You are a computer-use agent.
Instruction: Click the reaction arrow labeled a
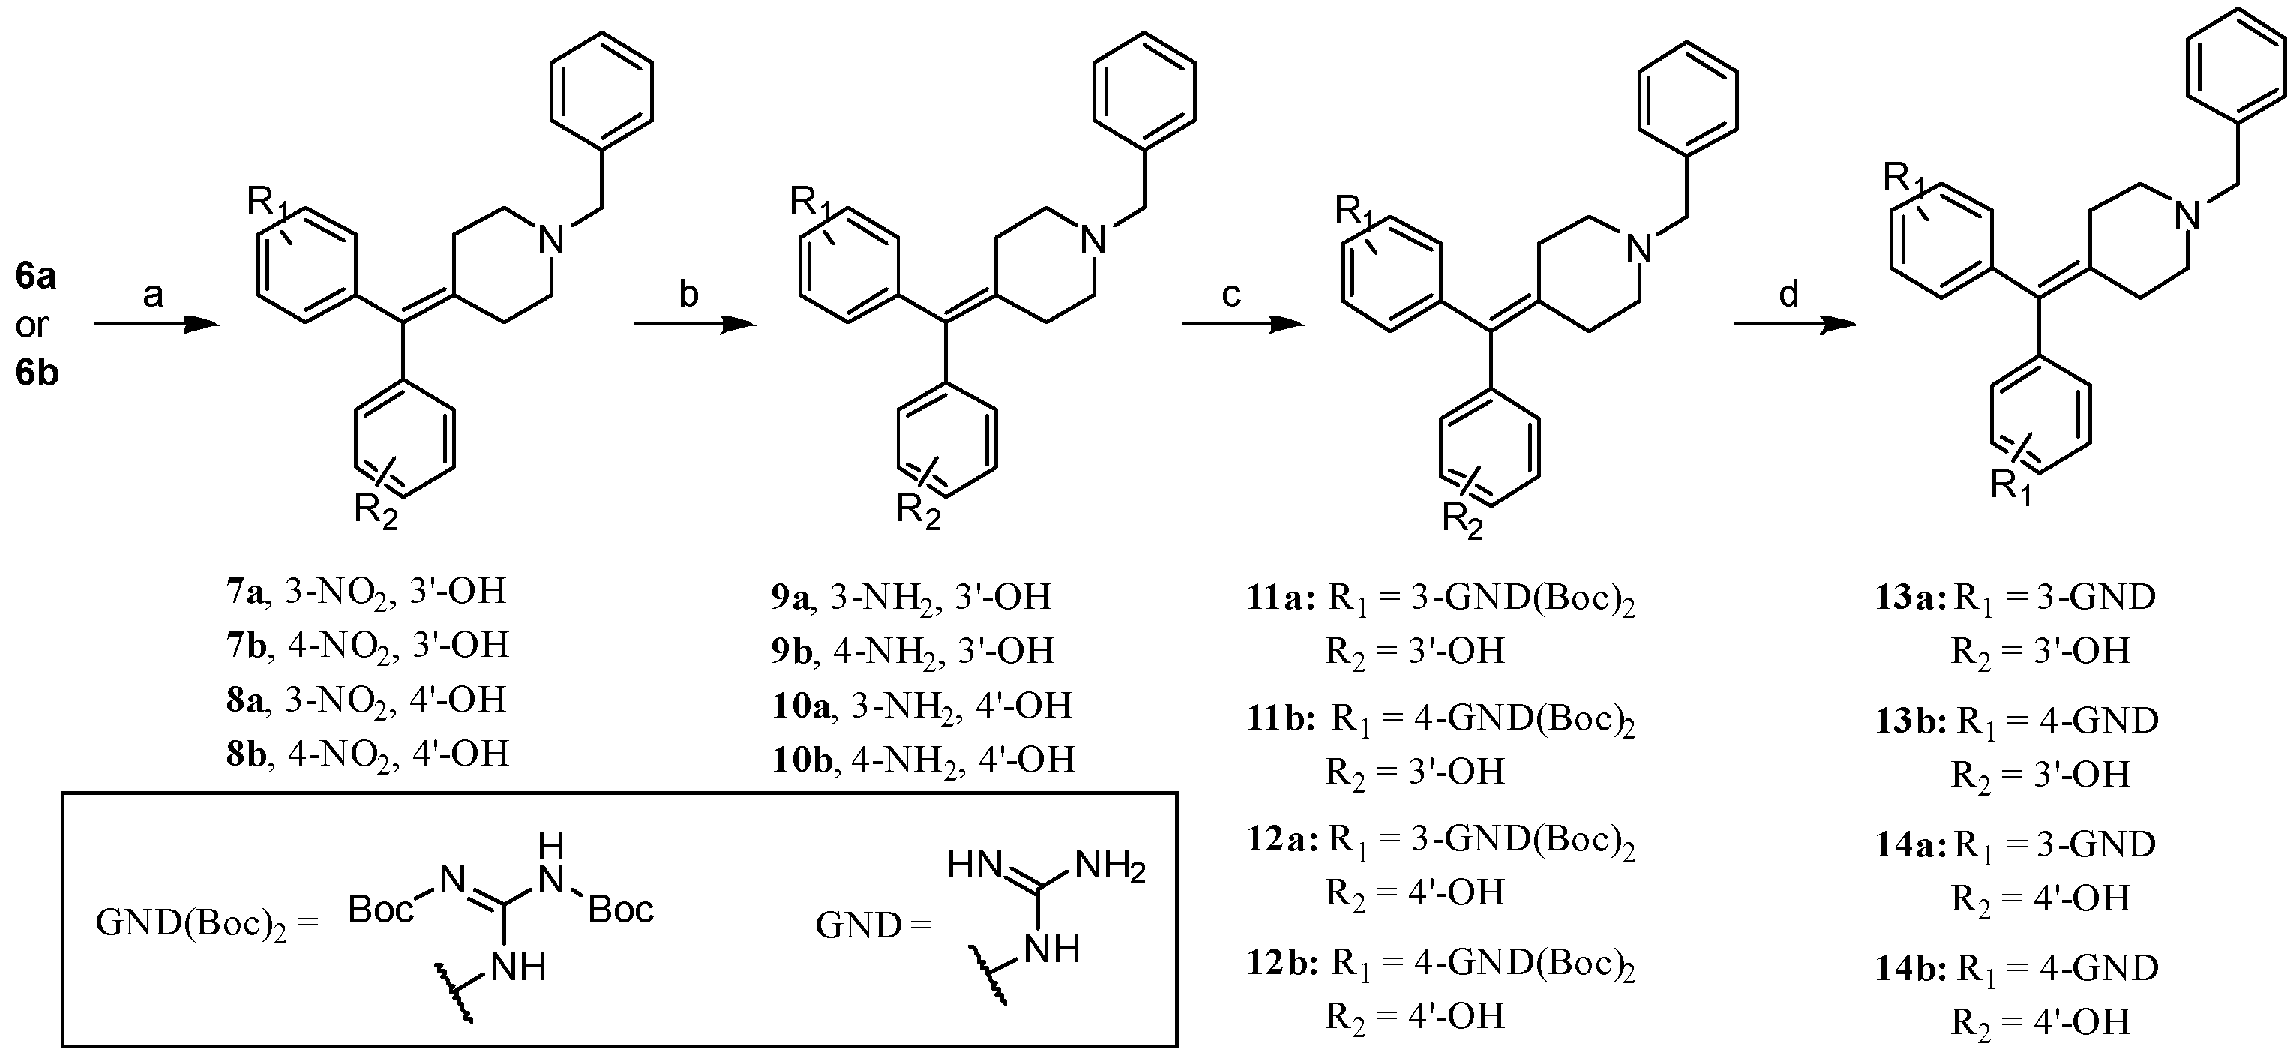click(156, 325)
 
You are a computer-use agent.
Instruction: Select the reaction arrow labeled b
click(694, 325)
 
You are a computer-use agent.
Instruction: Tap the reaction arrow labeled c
click(1242, 325)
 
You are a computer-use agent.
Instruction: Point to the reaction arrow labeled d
click(1794, 325)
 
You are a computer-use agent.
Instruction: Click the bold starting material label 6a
click(37, 277)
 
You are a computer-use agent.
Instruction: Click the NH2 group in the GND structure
click(1111, 866)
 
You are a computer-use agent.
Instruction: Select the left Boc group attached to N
click(382, 910)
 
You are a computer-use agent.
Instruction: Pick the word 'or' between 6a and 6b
click(32, 325)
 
